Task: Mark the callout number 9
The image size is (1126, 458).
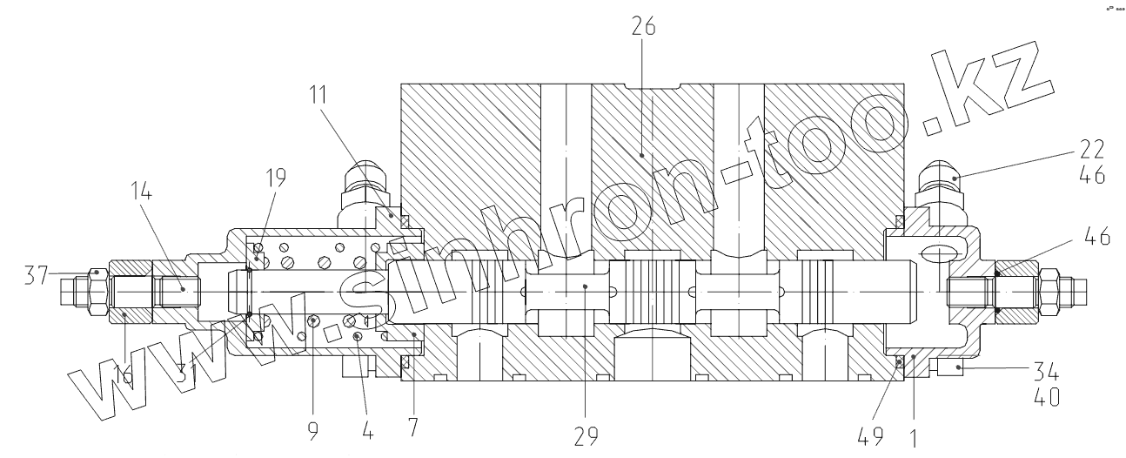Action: point(313,429)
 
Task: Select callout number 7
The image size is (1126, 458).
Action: point(413,429)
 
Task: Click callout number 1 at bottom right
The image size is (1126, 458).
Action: point(914,438)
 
